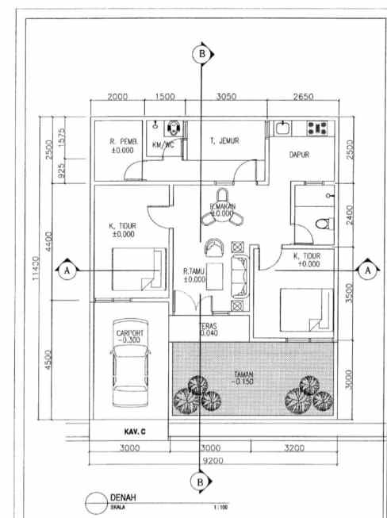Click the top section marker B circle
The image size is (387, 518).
202,54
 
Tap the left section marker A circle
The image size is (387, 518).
67,271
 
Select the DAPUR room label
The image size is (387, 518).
299,155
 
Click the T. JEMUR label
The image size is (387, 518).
224,141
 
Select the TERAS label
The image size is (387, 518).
209,326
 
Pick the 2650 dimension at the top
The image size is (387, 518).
303,96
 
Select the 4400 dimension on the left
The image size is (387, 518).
48,238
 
